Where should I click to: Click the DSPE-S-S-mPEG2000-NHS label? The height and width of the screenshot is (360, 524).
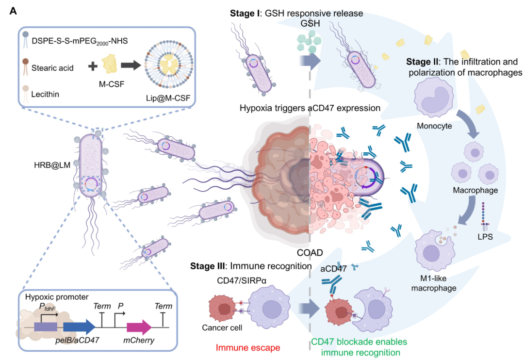(80, 41)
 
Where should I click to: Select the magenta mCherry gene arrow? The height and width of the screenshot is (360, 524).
(138, 326)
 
